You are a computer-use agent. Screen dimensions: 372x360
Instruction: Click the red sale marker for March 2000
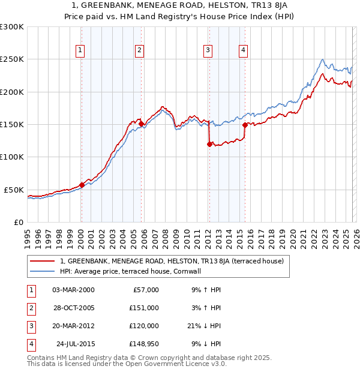82,185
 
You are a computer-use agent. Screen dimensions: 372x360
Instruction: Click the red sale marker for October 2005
142,124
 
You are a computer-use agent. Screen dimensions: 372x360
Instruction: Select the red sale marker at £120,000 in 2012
209,144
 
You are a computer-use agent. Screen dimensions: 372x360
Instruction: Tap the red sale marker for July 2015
245,125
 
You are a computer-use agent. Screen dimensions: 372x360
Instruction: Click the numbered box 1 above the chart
80,50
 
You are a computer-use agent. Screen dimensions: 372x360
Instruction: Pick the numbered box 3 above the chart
208,50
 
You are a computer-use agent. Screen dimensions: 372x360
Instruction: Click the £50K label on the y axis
14,190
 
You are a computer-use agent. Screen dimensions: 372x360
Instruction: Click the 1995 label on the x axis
28,234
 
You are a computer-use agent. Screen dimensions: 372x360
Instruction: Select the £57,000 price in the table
145,290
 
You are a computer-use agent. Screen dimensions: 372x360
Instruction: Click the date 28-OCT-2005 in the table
73,308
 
